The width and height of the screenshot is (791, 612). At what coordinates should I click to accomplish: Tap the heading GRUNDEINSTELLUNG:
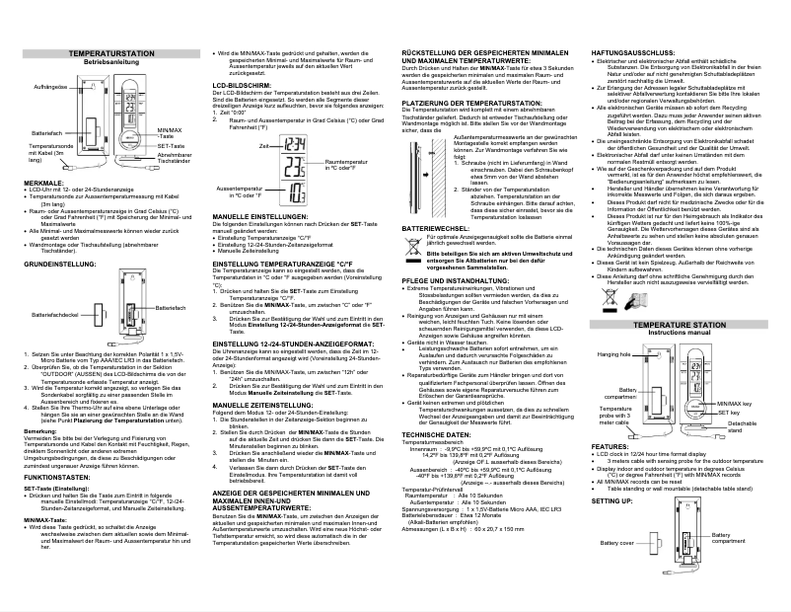pos(58,266)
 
